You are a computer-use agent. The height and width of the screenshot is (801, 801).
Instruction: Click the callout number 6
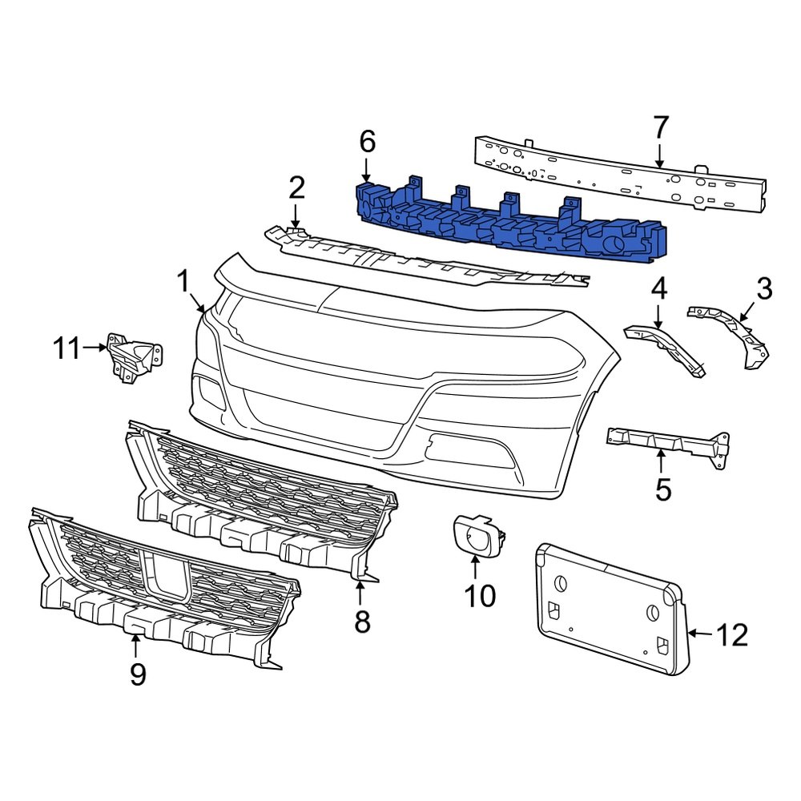tap(366, 143)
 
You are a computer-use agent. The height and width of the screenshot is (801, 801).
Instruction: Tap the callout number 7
tap(660, 127)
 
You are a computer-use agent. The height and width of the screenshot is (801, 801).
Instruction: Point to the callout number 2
tap(296, 189)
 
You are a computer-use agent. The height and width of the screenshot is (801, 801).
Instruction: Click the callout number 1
tap(183, 281)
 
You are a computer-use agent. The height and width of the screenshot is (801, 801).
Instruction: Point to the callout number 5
tap(662, 489)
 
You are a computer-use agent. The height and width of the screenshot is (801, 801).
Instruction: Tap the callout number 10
tap(480, 596)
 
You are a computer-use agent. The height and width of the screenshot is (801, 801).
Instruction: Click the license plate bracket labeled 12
tap(609, 609)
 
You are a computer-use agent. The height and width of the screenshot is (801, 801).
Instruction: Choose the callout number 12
tap(731, 635)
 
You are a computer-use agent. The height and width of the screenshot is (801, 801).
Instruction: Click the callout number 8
tap(362, 621)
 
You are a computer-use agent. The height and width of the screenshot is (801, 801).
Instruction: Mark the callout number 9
tap(138, 674)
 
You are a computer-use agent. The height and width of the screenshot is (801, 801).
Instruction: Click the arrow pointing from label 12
tap(699, 634)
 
